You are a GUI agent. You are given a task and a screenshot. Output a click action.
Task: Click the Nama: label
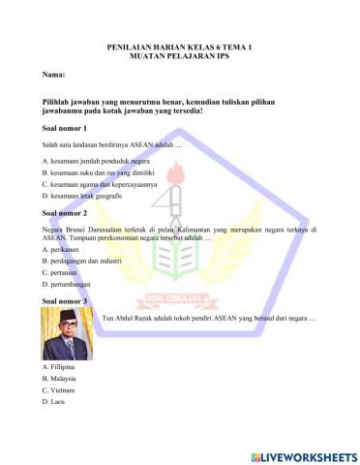54,75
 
